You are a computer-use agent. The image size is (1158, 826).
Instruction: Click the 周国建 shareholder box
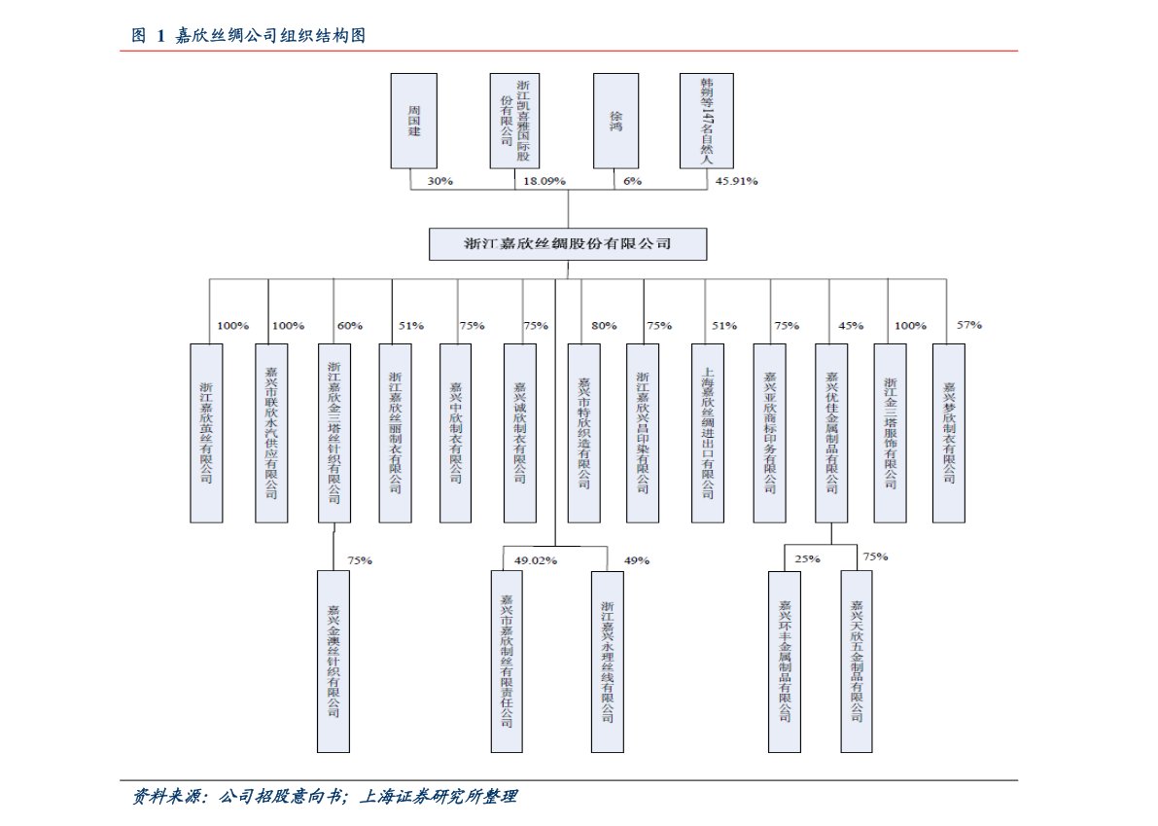(413, 120)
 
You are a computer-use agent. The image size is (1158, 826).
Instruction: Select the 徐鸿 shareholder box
(615, 120)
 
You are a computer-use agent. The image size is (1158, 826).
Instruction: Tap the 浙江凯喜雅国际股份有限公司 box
(514, 120)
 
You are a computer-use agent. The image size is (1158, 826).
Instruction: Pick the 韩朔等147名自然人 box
(707, 120)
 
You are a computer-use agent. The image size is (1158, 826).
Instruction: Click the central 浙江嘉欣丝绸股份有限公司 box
(568, 243)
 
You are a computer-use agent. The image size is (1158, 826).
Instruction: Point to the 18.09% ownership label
(544, 181)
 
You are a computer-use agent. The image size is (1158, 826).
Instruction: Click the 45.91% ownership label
(736, 181)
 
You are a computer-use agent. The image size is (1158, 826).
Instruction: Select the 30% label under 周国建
(439, 181)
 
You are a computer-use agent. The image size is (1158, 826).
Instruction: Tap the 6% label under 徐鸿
(632, 181)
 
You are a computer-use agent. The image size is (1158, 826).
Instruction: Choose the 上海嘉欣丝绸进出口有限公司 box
(707, 433)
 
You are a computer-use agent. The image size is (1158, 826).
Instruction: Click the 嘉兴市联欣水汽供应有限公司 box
(271, 433)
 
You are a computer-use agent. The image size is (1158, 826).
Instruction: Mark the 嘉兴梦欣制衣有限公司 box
(948, 433)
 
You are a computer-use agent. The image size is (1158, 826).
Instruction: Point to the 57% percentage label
(969, 325)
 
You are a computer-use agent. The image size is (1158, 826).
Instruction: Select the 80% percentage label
(603, 326)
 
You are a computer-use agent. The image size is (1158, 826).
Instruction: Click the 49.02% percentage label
(536, 560)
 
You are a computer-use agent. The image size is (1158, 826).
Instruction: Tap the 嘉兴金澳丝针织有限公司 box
(333, 661)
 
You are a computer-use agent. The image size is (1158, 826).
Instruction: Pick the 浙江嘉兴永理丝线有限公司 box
(607, 661)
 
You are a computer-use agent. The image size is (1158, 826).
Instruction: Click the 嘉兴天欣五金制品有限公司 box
(857, 661)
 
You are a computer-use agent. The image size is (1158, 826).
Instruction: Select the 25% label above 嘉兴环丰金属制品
(807, 559)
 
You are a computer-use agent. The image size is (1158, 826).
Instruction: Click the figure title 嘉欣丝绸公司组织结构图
(271, 36)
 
